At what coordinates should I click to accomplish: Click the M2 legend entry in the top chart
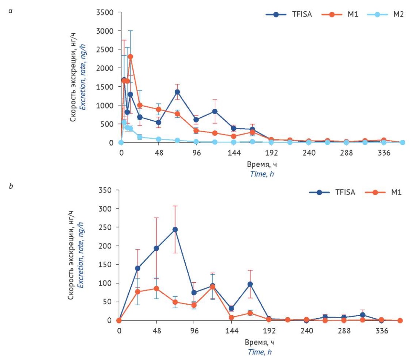click(385, 15)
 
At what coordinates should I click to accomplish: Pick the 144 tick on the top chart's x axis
click(234, 153)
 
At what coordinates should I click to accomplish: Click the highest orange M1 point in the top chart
click(131, 57)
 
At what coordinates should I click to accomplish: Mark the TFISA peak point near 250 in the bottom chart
click(175, 229)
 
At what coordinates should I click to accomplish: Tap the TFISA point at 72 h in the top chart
click(177, 92)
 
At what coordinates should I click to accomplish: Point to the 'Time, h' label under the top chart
click(261, 173)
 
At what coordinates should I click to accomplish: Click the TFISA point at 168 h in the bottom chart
click(250, 284)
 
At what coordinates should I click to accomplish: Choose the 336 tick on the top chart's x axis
click(383, 153)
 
